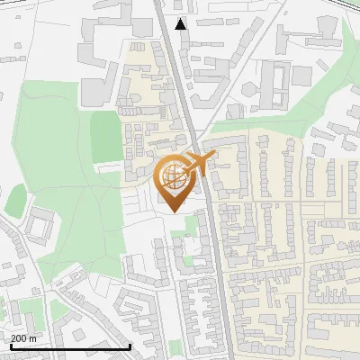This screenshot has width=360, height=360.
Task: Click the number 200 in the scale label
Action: pyautogui.click(x=19, y=338)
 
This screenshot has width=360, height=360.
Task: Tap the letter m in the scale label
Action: pyautogui.click(x=32, y=338)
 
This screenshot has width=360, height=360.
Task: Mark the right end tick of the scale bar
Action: pyautogui.click(x=130, y=345)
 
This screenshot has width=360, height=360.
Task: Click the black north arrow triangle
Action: pyautogui.click(x=181, y=23)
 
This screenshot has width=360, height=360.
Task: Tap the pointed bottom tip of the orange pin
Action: pyautogui.click(x=174, y=211)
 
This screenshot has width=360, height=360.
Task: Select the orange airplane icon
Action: pyautogui.click(x=199, y=163)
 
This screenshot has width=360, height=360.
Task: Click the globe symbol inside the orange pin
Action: pyautogui.click(x=174, y=177)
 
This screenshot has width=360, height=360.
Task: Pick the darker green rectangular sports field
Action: pyautogui.click(x=105, y=138)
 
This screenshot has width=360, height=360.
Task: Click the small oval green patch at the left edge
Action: pyautogui.click(x=15, y=200)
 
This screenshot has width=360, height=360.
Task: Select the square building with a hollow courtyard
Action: pyautogui.click(x=40, y=222)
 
